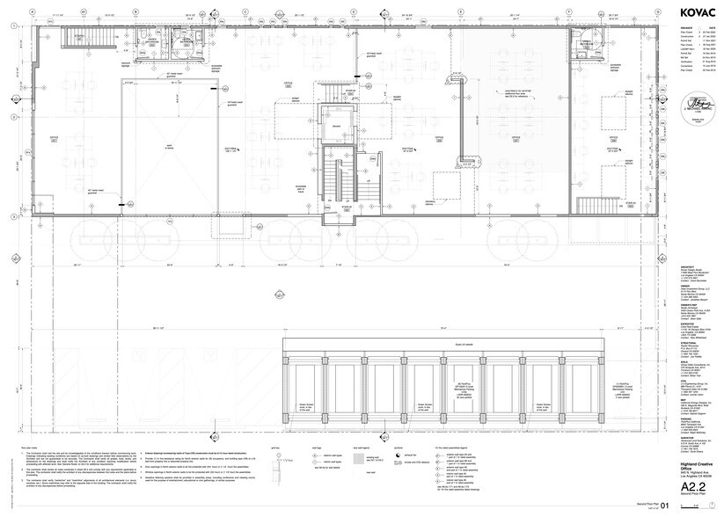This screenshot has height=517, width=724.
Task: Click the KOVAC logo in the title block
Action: pyautogui.click(x=693, y=12)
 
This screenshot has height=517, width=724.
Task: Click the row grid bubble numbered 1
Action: pyautogui.click(x=11, y=28)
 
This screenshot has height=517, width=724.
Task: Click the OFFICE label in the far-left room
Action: pyautogui.click(x=55, y=138)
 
